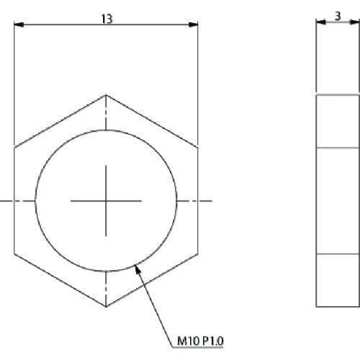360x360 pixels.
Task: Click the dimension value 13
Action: pos(106,19)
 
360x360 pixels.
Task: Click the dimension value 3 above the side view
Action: pos(338,15)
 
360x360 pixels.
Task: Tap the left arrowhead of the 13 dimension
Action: pos(19,25)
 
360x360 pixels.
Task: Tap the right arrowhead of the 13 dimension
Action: pos(193,25)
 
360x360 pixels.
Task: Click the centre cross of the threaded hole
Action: pos(106,200)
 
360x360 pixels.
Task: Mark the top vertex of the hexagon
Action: pos(106,94)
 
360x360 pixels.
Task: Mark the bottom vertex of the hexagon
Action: pos(106,306)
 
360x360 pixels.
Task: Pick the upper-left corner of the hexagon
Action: pos(14,148)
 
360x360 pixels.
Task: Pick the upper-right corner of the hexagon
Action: pos(198,148)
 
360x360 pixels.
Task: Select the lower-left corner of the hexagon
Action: pos(14,253)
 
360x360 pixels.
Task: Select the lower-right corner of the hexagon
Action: pos(198,253)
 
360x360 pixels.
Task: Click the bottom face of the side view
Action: pos(338,280)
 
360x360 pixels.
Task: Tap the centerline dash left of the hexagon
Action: pos(4,200)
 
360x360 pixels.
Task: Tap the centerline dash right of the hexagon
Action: pos(207,200)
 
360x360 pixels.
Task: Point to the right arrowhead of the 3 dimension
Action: pos(355,22)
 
